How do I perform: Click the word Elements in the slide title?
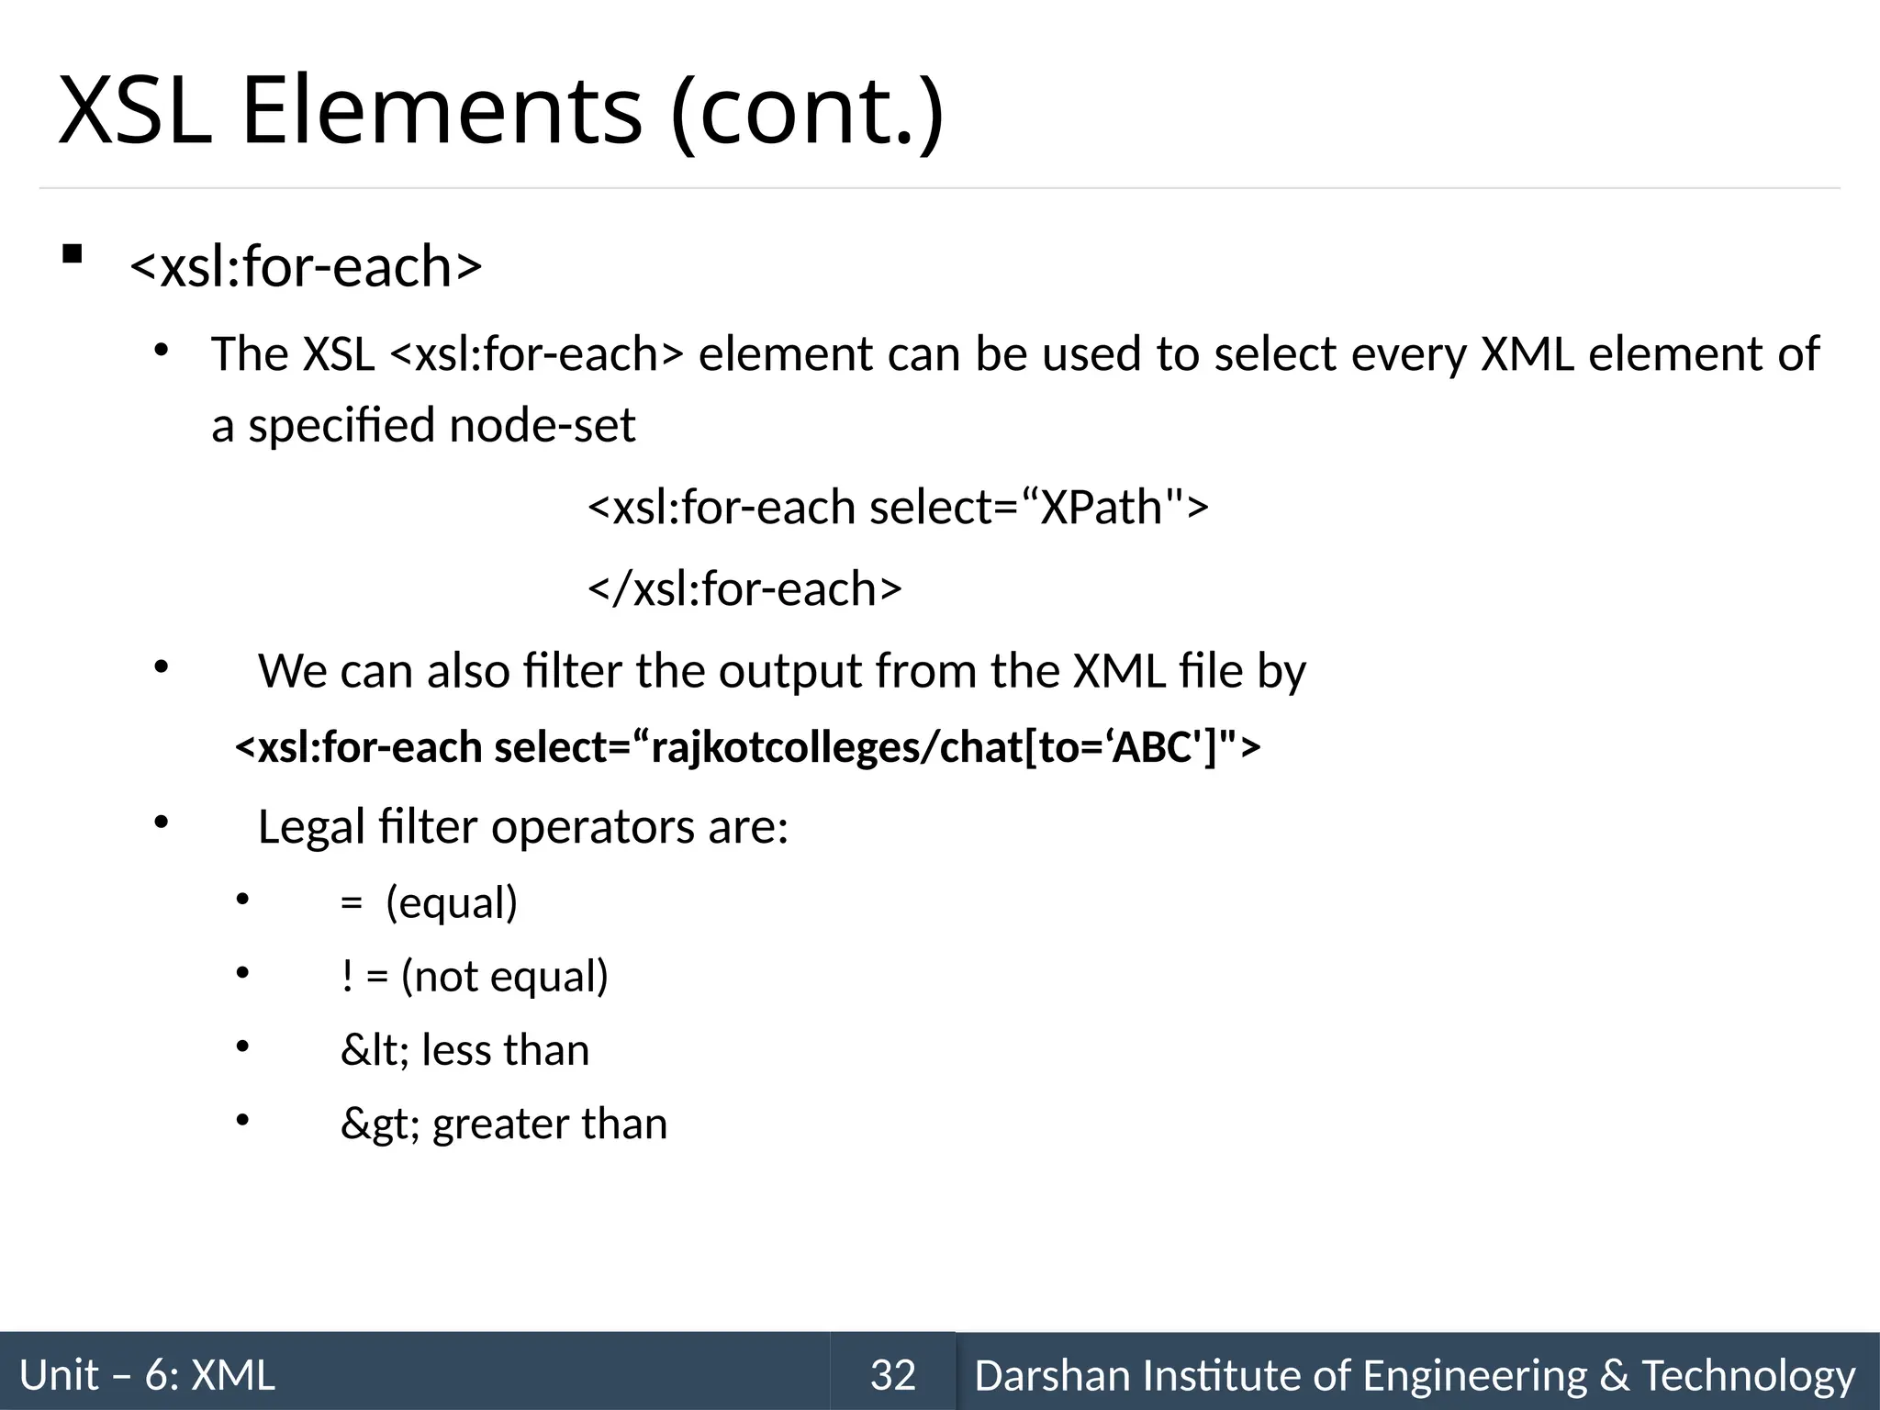coord(441,112)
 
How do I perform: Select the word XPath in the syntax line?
coord(1102,507)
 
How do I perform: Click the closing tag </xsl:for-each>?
coord(744,588)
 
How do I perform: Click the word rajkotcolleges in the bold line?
coord(781,748)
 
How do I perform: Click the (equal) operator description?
coord(452,902)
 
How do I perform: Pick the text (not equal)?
coord(505,976)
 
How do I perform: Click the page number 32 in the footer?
coord(892,1375)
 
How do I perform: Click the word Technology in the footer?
coord(1748,1375)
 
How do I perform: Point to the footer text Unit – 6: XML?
coord(147,1375)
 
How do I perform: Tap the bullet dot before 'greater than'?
coord(242,1119)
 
